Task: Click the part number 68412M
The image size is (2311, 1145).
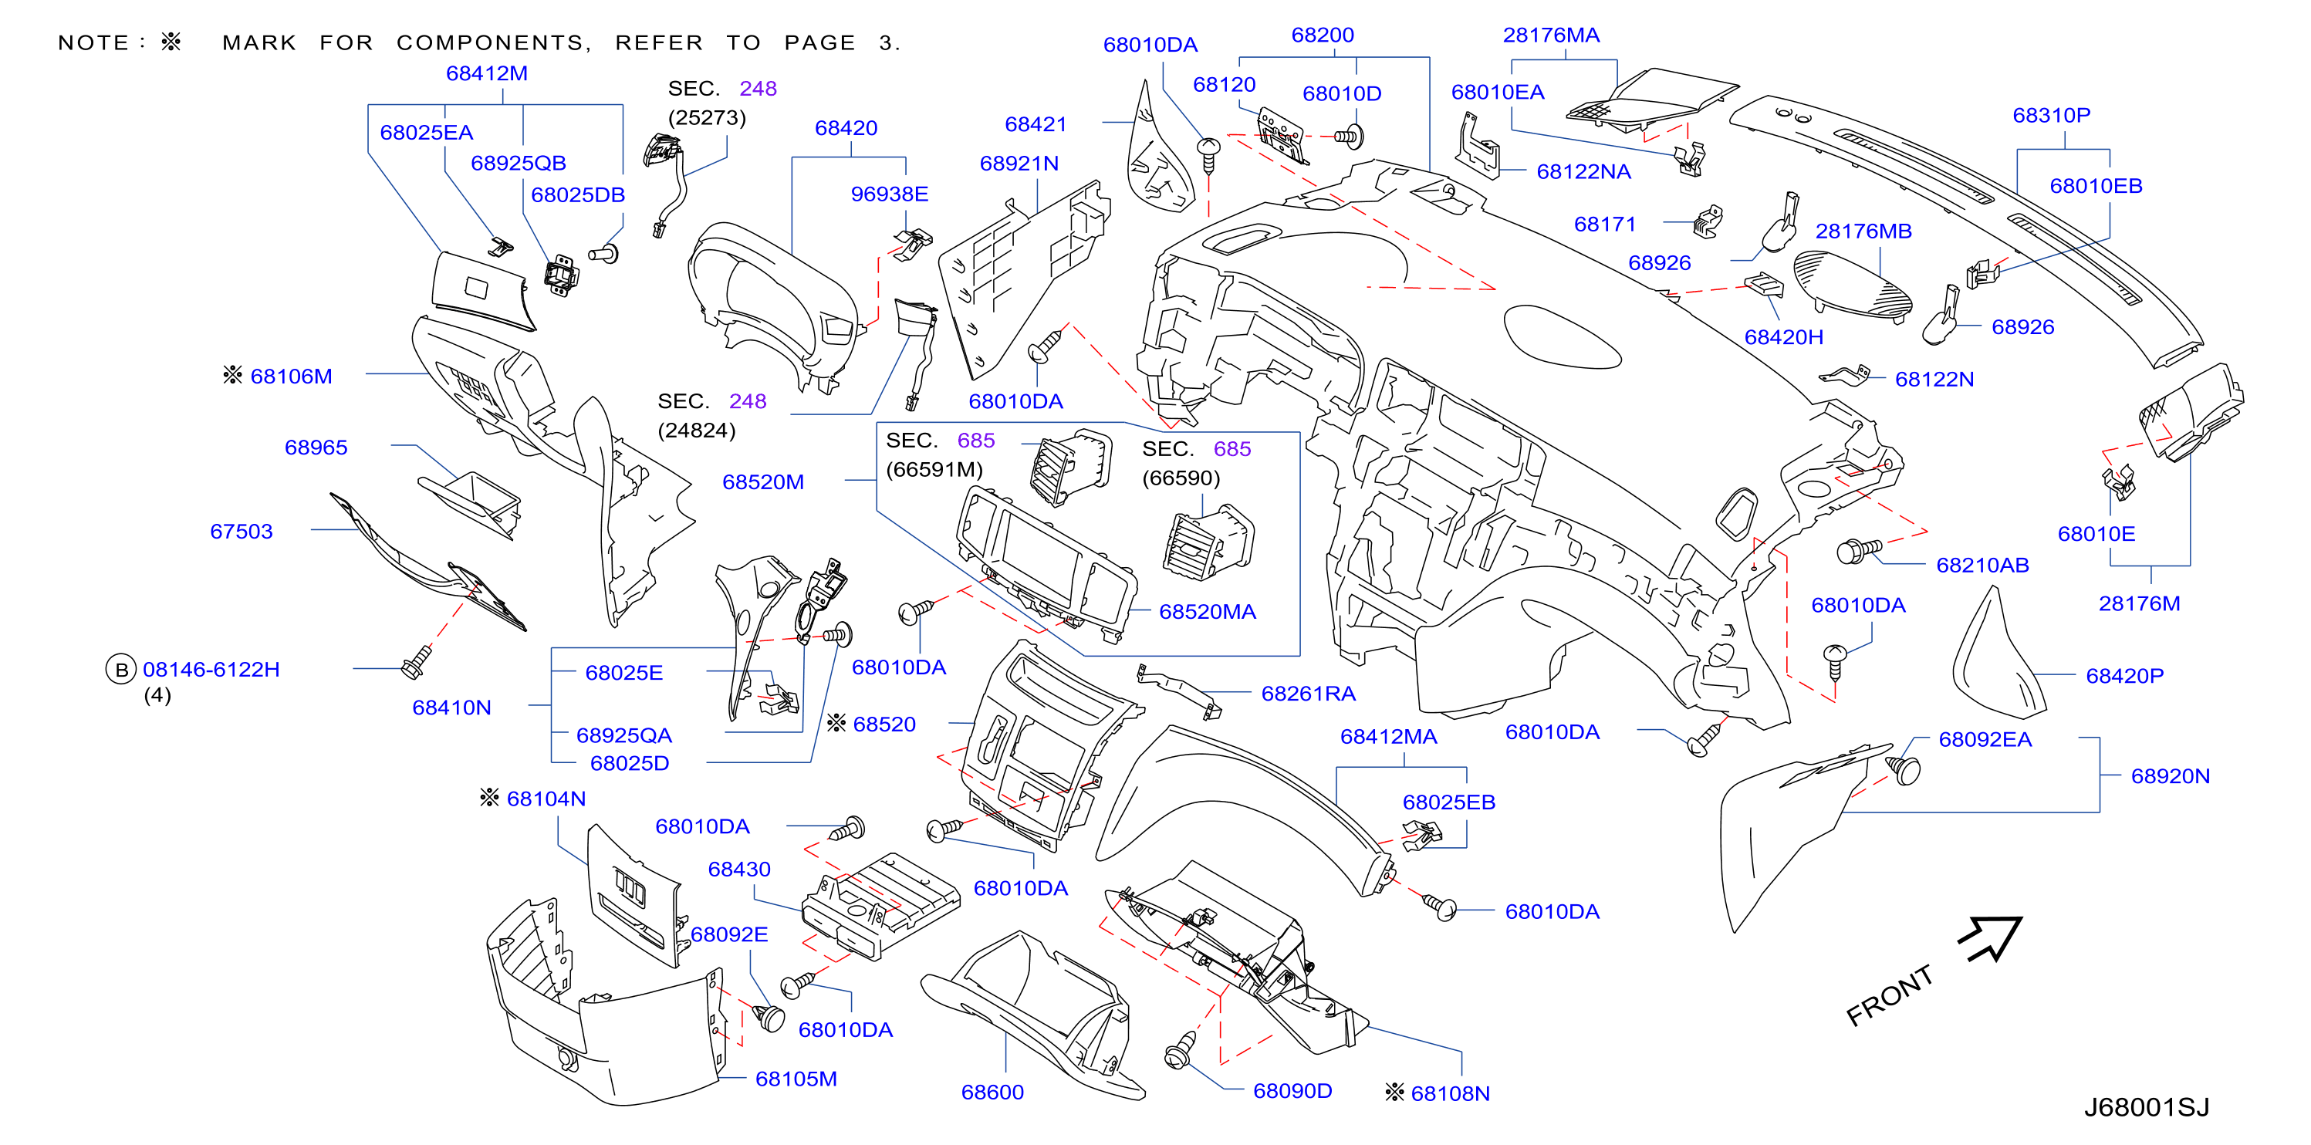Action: pyautogui.click(x=486, y=73)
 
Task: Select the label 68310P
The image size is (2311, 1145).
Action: pyautogui.click(x=2051, y=115)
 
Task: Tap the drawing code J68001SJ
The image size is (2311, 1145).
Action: pyautogui.click(x=2146, y=1107)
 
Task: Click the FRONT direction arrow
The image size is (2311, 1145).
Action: pyautogui.click(x=1991, y=939)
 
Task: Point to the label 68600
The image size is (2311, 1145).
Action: pyautogui.click(x=992, y=1092)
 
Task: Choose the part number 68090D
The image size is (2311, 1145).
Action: pyautogui.click(x=1292, y=1090)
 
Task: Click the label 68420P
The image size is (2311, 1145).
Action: pyautogui.click(x=2124, y=676)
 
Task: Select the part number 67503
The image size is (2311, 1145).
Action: pyautogui.click(x=242, y=532)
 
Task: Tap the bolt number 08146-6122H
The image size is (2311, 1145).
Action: pyautogui.click(x=211, y=670)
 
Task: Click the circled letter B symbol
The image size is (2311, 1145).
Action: pyautogui.click(x=121, y=670)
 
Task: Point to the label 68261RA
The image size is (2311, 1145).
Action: pyautogui.click(x=1308, y=694)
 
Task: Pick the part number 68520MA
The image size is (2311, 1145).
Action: pyautogui.click(x=1208, y=612)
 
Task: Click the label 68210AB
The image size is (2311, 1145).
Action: pyautogui.click(x=1982, y=566)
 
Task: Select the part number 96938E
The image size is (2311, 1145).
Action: pyautogui.click(x=889, y=194)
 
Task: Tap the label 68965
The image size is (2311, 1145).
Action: pyautogui.click(x=316, y=448)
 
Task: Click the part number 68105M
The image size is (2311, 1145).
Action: pyautogui.click(x=796, y=1079)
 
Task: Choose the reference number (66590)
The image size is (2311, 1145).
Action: pyautogui.click(x=1181, y=478)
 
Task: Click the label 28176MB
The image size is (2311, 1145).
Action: pyautogui.click(x=1863, y=231)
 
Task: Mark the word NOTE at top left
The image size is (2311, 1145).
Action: pyautogui.click(x=93, y=43)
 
